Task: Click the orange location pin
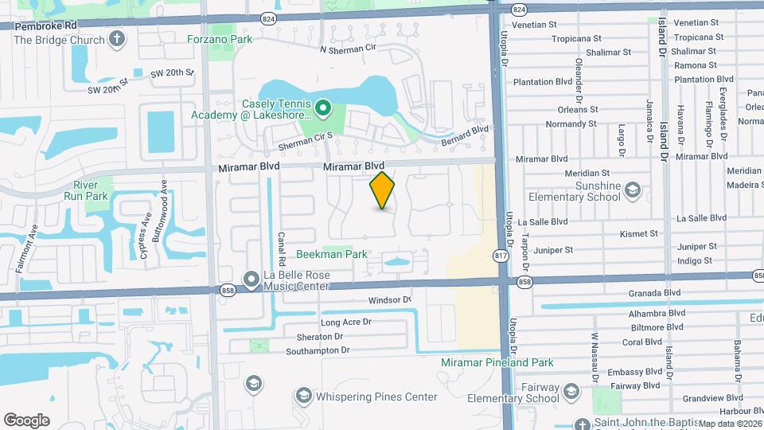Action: [x=383, y=191]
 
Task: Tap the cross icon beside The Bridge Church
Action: [x=117, y=39]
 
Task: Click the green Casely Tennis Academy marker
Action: [x=322, y=107]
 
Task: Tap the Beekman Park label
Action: [x=331, y=255]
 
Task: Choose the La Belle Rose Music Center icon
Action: [x=251, y=278]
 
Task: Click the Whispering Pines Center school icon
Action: [x=302, y=396]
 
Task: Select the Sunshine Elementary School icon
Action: [x=632, y=190]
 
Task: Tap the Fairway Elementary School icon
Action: [x=571, y=390]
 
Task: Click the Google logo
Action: [x=26, y=420]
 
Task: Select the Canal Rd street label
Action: [x=281, y=250]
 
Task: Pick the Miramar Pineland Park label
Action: [x=497, y=362]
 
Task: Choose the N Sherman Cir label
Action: [x=348, y=49]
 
